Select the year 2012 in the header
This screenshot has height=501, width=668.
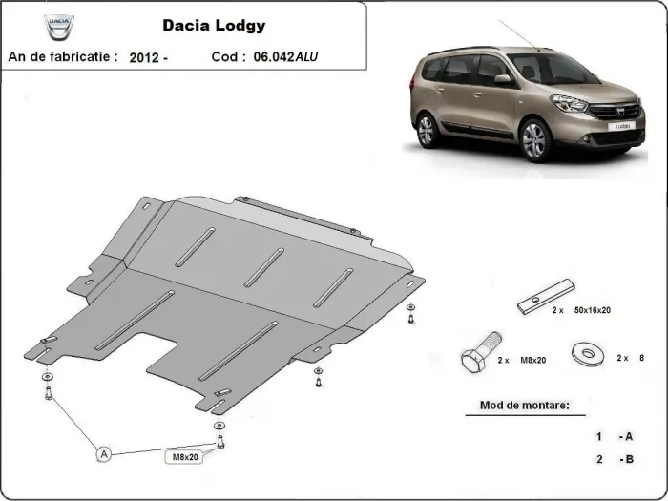pos(147,57)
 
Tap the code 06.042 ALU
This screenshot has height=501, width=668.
pos(290,57)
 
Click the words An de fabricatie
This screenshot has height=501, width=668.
pos(63,57)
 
